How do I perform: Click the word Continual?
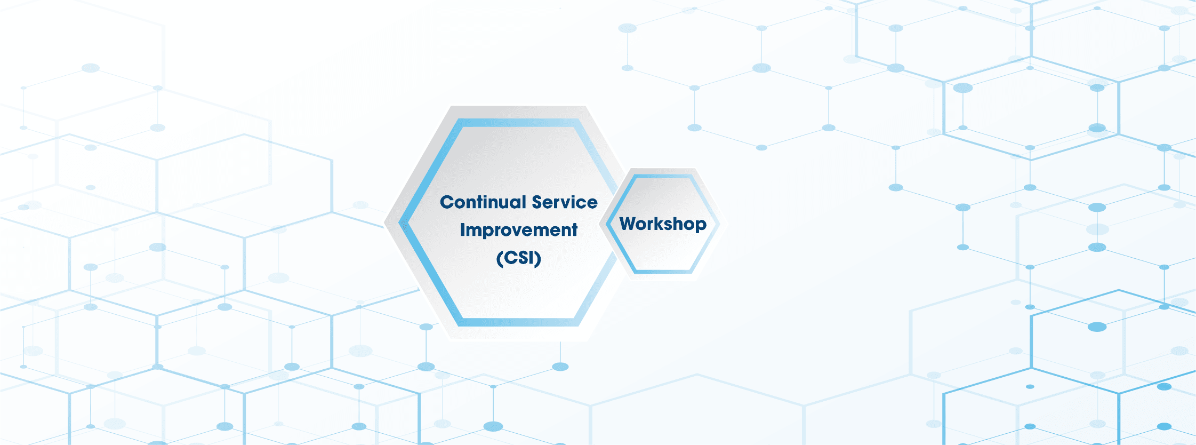pos(483,202)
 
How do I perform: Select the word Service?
pos(565,202)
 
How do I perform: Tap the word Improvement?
pos(518,230)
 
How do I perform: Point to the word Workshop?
pos(663,224)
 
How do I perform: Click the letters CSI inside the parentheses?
pos(519,258)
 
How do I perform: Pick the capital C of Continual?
pos(446,202)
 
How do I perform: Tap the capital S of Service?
pos(537,202)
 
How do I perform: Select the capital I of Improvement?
pos(463,230)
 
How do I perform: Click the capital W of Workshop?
pos(629,223)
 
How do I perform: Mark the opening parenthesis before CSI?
pos(499,258)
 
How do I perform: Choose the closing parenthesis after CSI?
pos(539,258)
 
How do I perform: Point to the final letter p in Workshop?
pos(701,225)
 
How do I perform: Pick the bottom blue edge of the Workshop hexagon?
pos(663,271)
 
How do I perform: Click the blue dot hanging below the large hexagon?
pos(560,367)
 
